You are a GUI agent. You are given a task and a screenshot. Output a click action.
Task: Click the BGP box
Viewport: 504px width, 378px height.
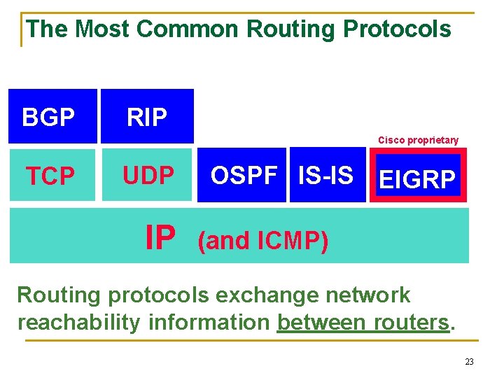pos(53,116)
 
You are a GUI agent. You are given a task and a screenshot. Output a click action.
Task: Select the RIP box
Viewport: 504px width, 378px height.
pos(147,116)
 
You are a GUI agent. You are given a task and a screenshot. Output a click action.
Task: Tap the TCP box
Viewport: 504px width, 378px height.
pos(52,176)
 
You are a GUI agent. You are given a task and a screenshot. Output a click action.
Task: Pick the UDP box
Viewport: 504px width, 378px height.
pos(147,176)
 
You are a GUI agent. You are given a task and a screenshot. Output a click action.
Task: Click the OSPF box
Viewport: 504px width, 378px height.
pos(242,176)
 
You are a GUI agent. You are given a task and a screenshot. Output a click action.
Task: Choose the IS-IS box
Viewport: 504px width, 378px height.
pos(326,176)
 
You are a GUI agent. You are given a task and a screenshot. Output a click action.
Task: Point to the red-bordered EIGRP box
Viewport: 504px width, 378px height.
pos(418,178)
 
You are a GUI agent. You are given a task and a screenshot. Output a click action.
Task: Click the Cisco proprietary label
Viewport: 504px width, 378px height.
pos(418,140)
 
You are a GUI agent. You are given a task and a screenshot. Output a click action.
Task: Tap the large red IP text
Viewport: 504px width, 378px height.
pos(160,238)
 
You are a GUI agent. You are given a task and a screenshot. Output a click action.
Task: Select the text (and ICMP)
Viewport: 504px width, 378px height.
pos(262,241)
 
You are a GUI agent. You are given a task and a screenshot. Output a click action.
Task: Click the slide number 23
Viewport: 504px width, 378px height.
pos(469,362)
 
